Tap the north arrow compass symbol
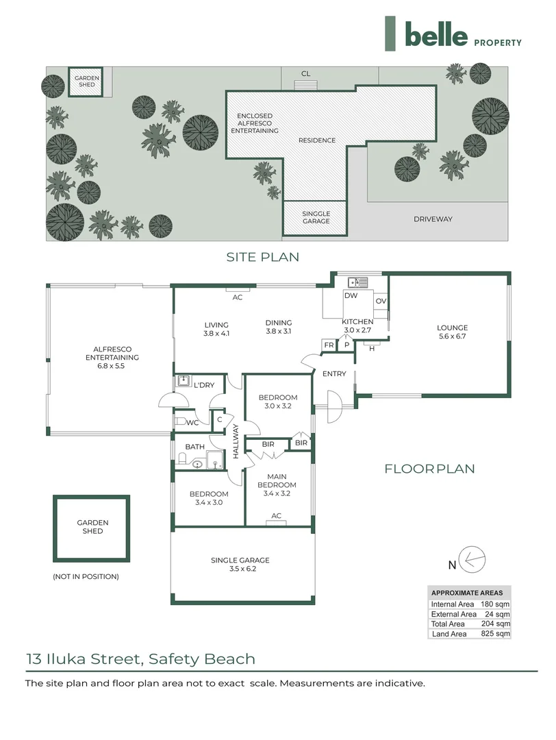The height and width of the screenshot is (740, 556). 472,560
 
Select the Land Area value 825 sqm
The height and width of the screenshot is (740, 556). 495,634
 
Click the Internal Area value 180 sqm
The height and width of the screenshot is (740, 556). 495,604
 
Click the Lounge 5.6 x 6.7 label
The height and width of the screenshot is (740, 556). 453,332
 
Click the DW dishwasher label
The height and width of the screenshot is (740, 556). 351,296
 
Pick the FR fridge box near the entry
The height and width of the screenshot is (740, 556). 329,345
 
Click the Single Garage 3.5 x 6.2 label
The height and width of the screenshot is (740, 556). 240,565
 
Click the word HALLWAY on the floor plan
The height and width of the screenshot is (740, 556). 236,442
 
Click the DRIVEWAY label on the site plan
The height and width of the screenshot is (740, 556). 433,219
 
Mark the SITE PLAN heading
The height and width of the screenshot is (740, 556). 263,258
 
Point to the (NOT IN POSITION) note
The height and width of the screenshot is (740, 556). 86,576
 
